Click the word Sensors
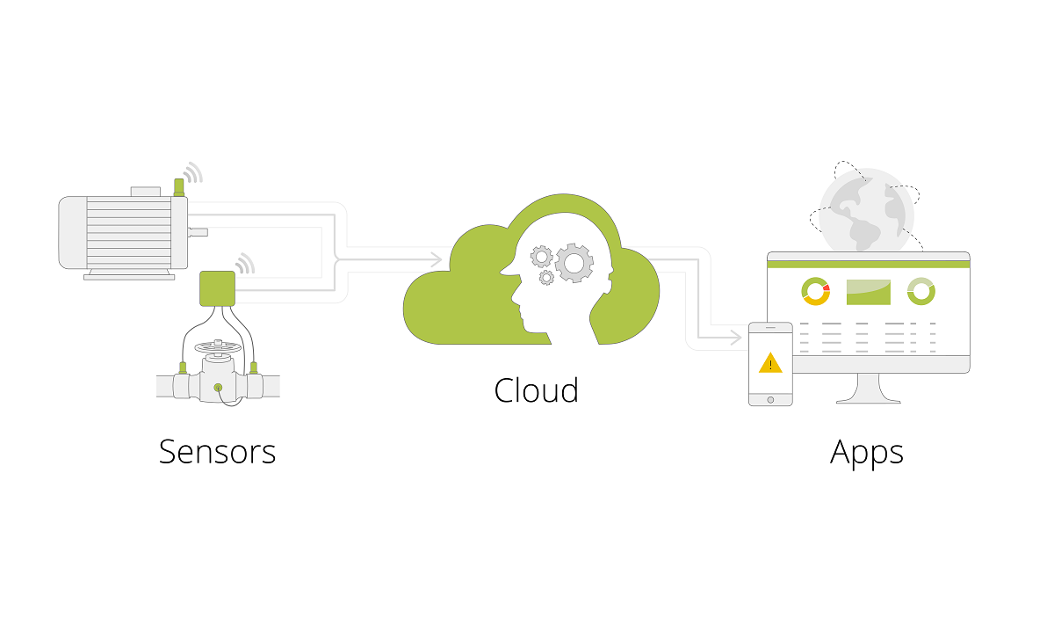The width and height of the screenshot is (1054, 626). (x=218, y=452)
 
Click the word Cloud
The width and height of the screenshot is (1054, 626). (x=536, y=390)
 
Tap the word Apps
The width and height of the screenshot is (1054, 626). (x=867, y=453)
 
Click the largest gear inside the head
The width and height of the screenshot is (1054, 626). (x=574, y=263)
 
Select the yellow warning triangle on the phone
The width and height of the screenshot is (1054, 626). (x=770, y=364)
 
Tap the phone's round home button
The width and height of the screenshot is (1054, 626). (x=770, y=400)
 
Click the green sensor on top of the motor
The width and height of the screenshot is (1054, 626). (x=179, y=187)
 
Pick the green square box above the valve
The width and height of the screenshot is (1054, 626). (x=218, y=288)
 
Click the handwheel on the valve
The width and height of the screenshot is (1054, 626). (x=218, y=347)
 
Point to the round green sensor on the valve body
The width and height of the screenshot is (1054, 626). (x=218, y=388)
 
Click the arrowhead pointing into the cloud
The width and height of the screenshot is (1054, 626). (x=437, y=259)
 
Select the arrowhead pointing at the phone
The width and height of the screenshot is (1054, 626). (x=736, y=338)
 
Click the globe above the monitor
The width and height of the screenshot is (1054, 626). (x=866, y=210)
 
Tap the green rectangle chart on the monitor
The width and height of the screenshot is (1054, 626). (x=868, y=292)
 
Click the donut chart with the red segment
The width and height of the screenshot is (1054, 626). (x=815, y=292)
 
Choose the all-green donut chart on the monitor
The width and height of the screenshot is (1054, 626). (x=920, y=292)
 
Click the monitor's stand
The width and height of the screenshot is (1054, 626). (x=868, y=389)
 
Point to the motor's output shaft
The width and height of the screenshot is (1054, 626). (x=199, y=232)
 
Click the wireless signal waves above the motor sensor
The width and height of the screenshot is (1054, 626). (x=194, y=173)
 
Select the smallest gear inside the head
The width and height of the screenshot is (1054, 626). (x=546, y=278)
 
